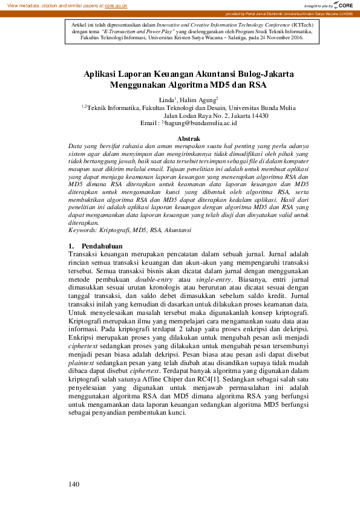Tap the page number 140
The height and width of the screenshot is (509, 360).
point(74,484)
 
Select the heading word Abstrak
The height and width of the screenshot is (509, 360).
point(188,139)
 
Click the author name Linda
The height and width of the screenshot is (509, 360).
point(166,99)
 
